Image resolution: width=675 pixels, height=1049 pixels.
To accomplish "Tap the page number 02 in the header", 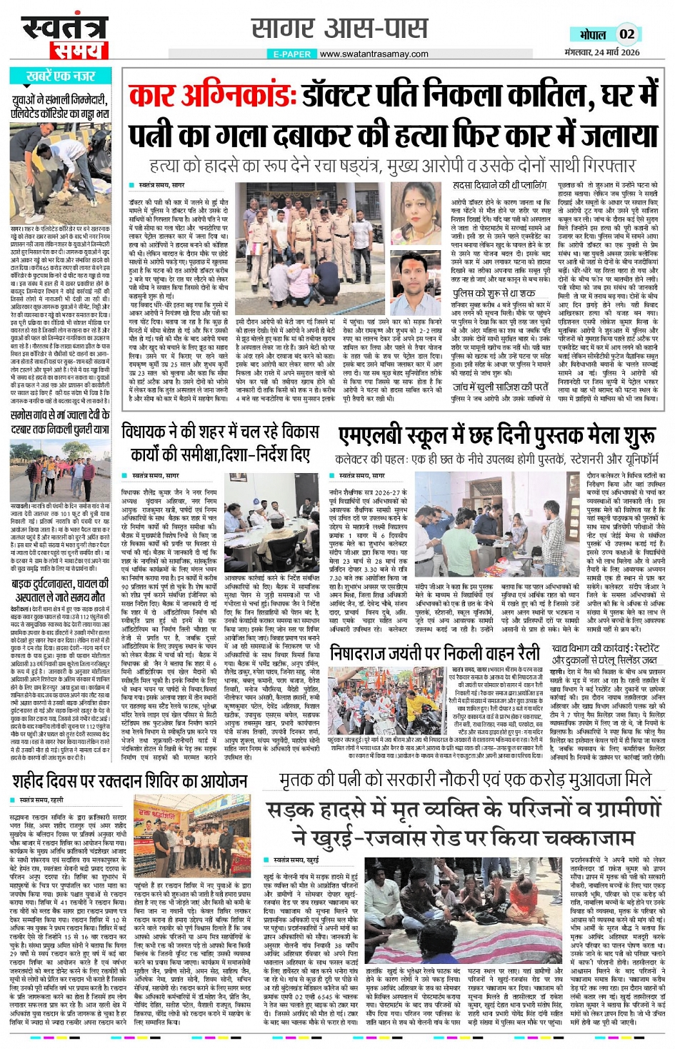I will pos(626,34).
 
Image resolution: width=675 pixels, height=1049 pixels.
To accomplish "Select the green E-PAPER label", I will pos(292,54).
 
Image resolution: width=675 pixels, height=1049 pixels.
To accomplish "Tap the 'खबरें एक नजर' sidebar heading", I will pos(61,76).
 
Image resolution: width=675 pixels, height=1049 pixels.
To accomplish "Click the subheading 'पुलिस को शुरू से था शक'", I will pos(493,294).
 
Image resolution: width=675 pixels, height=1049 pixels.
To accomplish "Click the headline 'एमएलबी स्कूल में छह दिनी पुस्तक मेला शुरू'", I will pos(497,436).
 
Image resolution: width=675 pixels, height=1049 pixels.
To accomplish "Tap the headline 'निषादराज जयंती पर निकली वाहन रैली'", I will pos(434,652).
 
